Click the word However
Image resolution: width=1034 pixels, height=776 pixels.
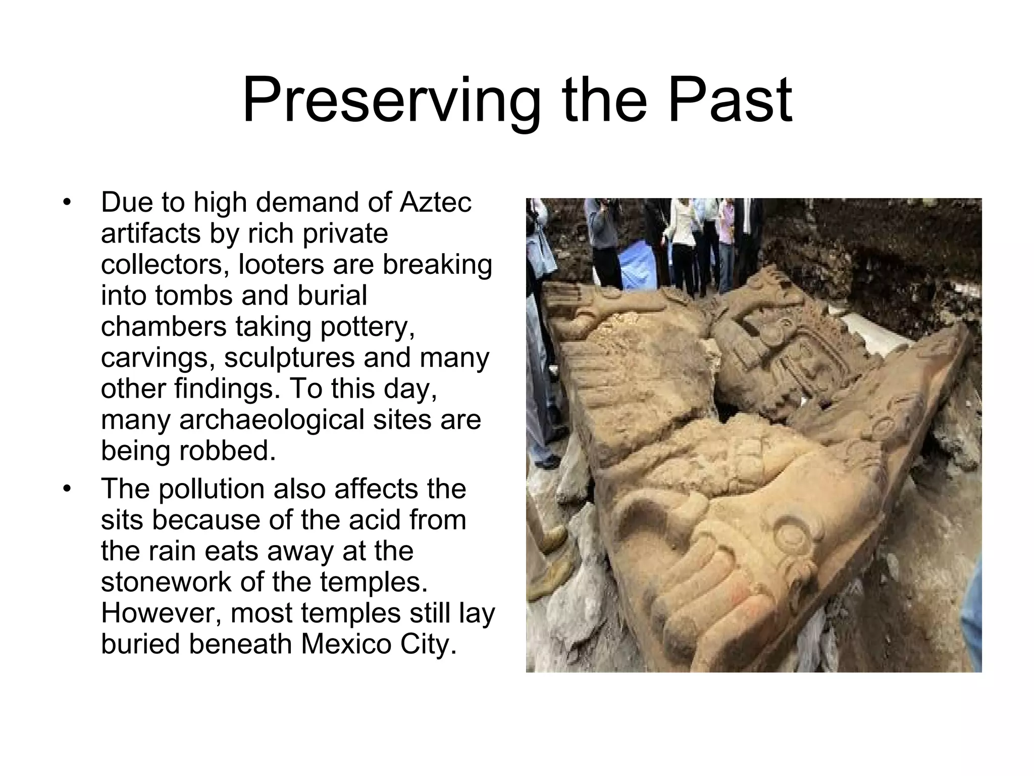pyautogui.click(x=161, y=613)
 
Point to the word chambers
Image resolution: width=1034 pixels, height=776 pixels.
pyautogui.click(x=164, y=327)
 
